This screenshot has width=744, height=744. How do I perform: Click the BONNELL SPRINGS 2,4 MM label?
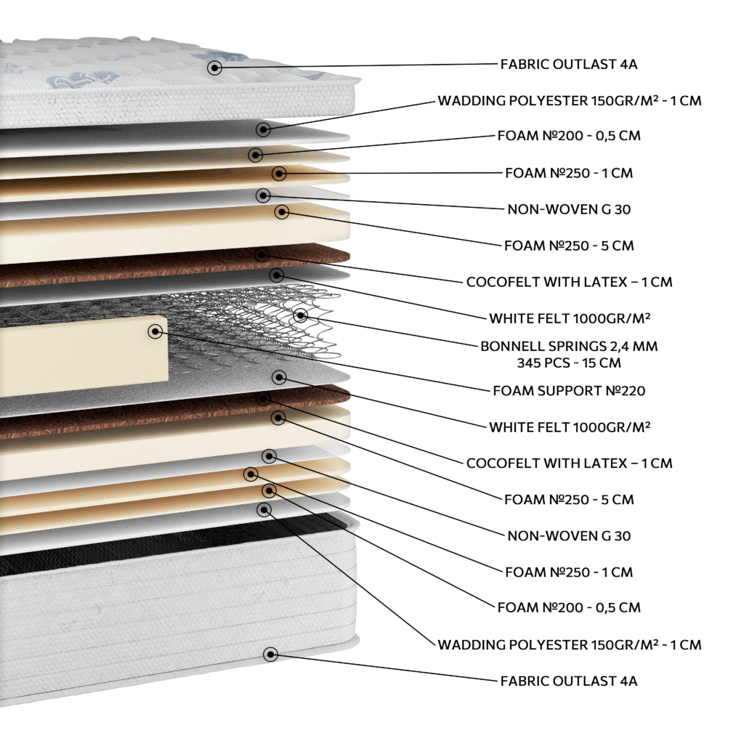coord(569,346)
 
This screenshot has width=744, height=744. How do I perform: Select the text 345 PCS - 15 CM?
coord(569,363)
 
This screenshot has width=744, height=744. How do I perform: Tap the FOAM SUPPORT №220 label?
coord(569,390)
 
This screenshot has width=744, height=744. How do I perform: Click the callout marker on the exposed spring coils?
coord(300,315)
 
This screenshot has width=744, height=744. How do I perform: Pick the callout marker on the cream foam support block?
coord(155,331)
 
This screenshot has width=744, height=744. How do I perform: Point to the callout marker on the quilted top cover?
coord(214,68)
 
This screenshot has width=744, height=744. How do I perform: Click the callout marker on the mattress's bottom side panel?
coord(270,655)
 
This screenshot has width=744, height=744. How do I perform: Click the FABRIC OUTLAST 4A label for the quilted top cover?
coord(568,64)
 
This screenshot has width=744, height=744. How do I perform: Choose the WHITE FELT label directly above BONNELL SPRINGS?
coord(570,318)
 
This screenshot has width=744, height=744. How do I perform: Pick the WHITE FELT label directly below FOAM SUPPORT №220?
coord(570,427)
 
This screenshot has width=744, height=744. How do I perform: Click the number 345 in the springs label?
coord(531,363)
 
